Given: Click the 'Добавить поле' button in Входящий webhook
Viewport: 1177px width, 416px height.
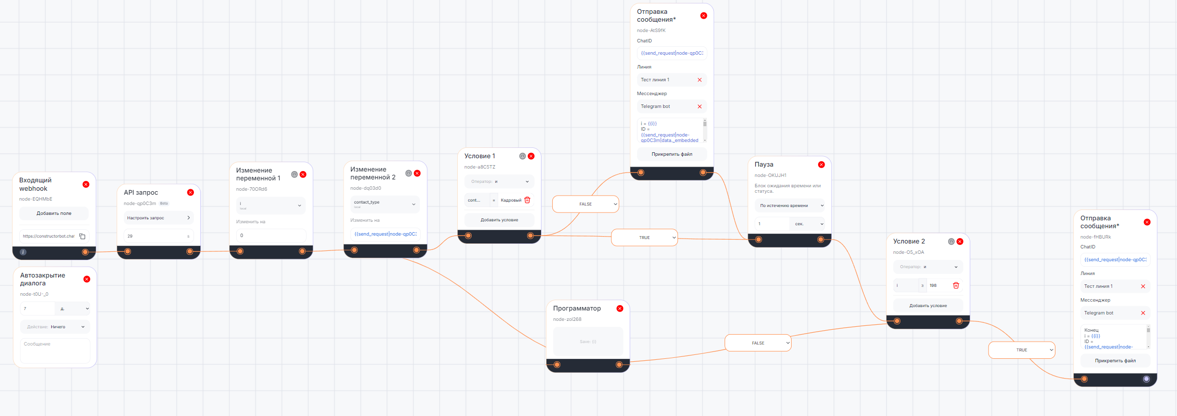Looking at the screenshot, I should click(x=54, y=213).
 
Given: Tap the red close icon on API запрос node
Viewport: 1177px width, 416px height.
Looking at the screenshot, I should click(x=191, y=192).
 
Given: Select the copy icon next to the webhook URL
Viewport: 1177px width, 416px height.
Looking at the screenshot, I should click(x=82, y=237).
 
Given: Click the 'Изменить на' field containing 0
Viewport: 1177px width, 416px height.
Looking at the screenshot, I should click(x=271, y=236).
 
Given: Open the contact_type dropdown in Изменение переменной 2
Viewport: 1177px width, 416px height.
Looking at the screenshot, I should click(x=385, y=204).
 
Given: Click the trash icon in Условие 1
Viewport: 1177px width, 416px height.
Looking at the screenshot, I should click(x=527, y=200).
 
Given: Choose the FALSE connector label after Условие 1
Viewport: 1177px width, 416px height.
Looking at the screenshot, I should click(x=585, y=204).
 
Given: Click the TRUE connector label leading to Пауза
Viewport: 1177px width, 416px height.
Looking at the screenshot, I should click(x=644, y=238).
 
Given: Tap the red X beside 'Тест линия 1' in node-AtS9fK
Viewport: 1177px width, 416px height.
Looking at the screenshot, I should click(x=700, y=80).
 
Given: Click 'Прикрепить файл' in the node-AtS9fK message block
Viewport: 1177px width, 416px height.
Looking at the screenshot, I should click(x=672, y=154).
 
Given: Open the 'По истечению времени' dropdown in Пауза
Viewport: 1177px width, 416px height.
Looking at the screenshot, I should click(x=790, y=206).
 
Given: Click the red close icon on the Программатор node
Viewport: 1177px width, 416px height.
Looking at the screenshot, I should click(x=620, y=309).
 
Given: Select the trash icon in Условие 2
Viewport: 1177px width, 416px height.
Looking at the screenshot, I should click(x=956, y=285).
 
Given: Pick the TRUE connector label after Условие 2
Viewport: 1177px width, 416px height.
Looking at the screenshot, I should click(x=1021, y=350).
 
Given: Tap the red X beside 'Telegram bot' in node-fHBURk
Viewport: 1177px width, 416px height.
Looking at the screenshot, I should click(x=1143, y=313).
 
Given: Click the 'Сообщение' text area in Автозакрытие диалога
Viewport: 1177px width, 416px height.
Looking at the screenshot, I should click(x=55, y=351).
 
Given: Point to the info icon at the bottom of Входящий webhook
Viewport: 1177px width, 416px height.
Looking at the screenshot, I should click(x=23, y=252).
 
